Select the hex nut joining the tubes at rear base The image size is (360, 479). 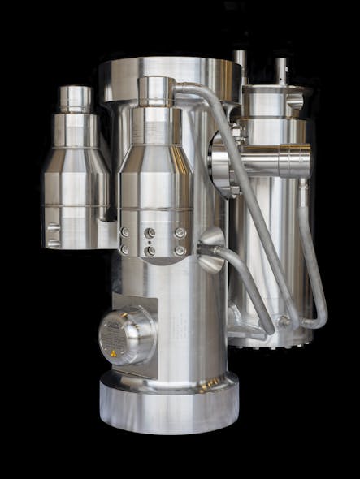(x=284, y=322)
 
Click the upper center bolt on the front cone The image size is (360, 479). (x=150, y=233)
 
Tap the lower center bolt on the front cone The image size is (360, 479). (x=150, y=251)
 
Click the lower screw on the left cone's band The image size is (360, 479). (x=52, y=242)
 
